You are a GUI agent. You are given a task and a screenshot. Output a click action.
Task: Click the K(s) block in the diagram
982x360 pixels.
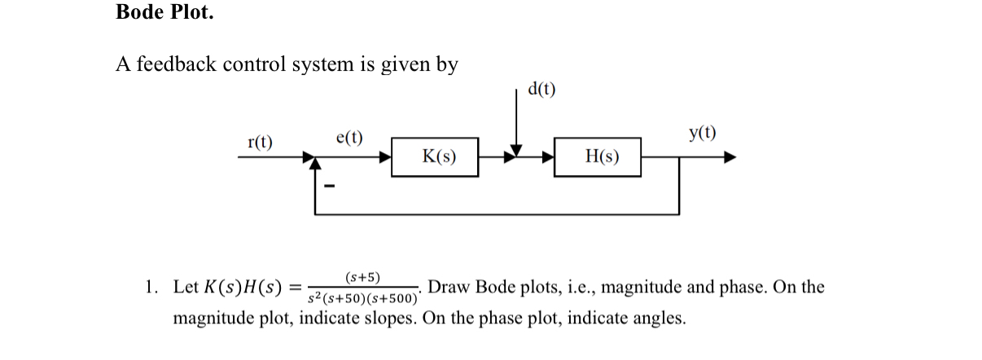click(438, 156)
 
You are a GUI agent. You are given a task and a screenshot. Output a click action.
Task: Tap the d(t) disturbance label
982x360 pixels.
click(541, 89)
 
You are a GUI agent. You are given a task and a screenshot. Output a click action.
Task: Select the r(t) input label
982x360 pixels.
click(260, 143)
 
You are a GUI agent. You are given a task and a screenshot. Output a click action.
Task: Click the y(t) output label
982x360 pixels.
click(703, 133)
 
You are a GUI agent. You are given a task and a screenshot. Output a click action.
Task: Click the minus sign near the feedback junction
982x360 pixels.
click(330, 187)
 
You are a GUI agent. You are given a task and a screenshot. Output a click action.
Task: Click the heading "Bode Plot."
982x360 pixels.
click(165, 12)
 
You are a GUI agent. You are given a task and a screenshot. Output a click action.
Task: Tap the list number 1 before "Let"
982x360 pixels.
click(149, 288)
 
